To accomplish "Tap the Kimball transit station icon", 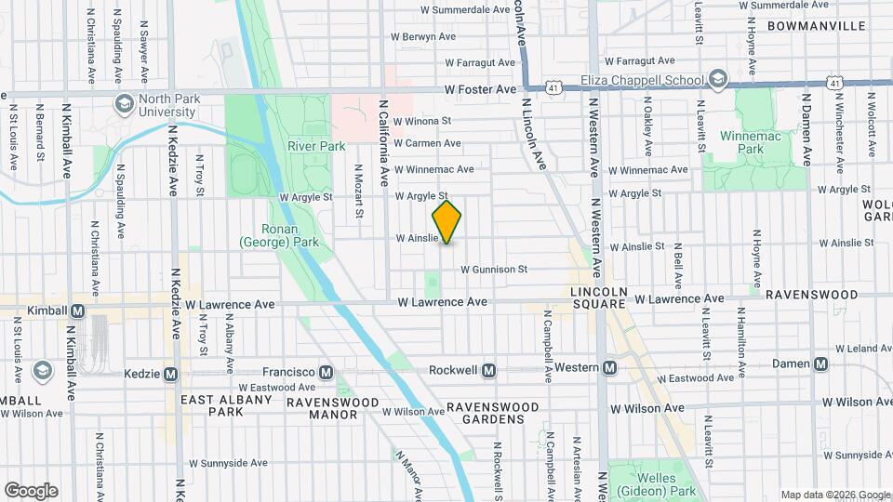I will pyautogui.click(x=77, y=310).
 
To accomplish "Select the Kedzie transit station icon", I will pyautogui.click(x=170, y=374).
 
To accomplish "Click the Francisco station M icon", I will pyautogui.click(x=326, y=372).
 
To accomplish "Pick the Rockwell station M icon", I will pyautogui.click(x=489, y=370).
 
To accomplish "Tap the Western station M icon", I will pyautogui.click(x=609, y=367).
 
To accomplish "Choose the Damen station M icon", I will pyautogui.click(x=820, y=363).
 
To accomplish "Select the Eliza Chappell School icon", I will pyautogui.click(x=717, y=79).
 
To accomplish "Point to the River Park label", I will pyautogui.click(x=316, y=146).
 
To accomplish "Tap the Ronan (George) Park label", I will pyautogui.click(x=279, y=235).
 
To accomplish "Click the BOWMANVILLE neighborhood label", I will pyautogui.click(x=818, y=26).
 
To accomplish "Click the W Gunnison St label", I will pyautogui.click(x=494, y=270).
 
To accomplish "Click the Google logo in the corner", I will pyautogui.click(x=31, y=491).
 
